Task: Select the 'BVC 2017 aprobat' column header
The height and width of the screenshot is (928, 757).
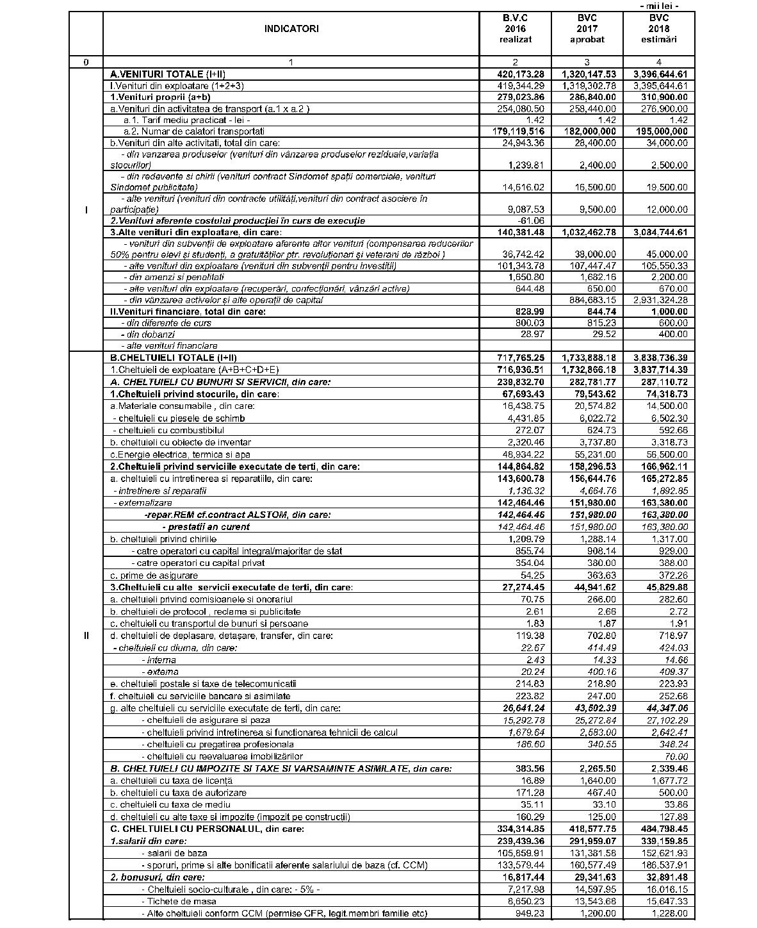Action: (x=587, y=29)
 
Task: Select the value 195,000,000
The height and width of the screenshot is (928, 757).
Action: (x=660, y=131)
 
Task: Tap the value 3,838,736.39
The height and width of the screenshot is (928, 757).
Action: (x=660, y=358)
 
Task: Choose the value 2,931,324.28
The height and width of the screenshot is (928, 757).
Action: (x=660, y=300)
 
